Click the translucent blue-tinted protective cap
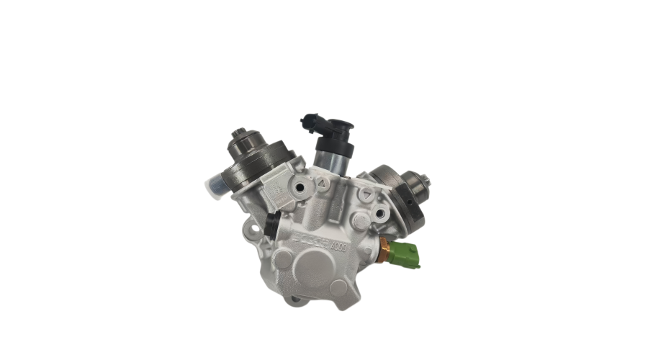pyautogui.click(x=215, y=184)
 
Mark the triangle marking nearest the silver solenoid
pyautogui.click(x=323, y=184)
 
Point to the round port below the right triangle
pyautogui.click(x=377, y=214)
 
